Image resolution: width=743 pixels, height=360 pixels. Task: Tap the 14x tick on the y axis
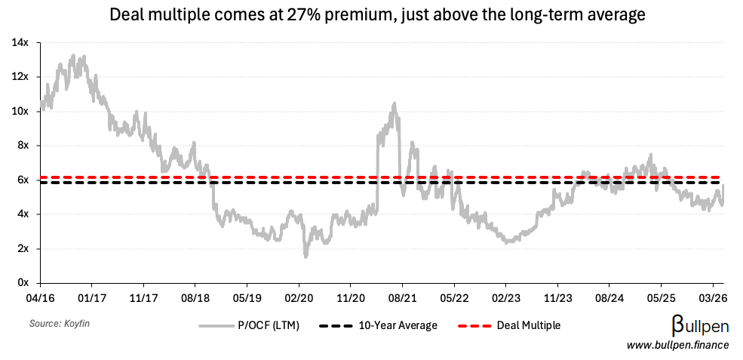click(x=20, y=42)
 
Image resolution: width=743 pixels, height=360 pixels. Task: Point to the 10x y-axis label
click(x=20, y=111)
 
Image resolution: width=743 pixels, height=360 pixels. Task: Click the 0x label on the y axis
click(x=23, y=283)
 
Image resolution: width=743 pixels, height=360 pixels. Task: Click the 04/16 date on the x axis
click(x=40, y=298)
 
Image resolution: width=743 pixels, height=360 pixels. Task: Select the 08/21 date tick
click(x=402, y=298)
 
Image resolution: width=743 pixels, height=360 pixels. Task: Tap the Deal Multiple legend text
click(x=528, y=325)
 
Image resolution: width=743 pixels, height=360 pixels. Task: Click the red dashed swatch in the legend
click(x=474, y=325)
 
